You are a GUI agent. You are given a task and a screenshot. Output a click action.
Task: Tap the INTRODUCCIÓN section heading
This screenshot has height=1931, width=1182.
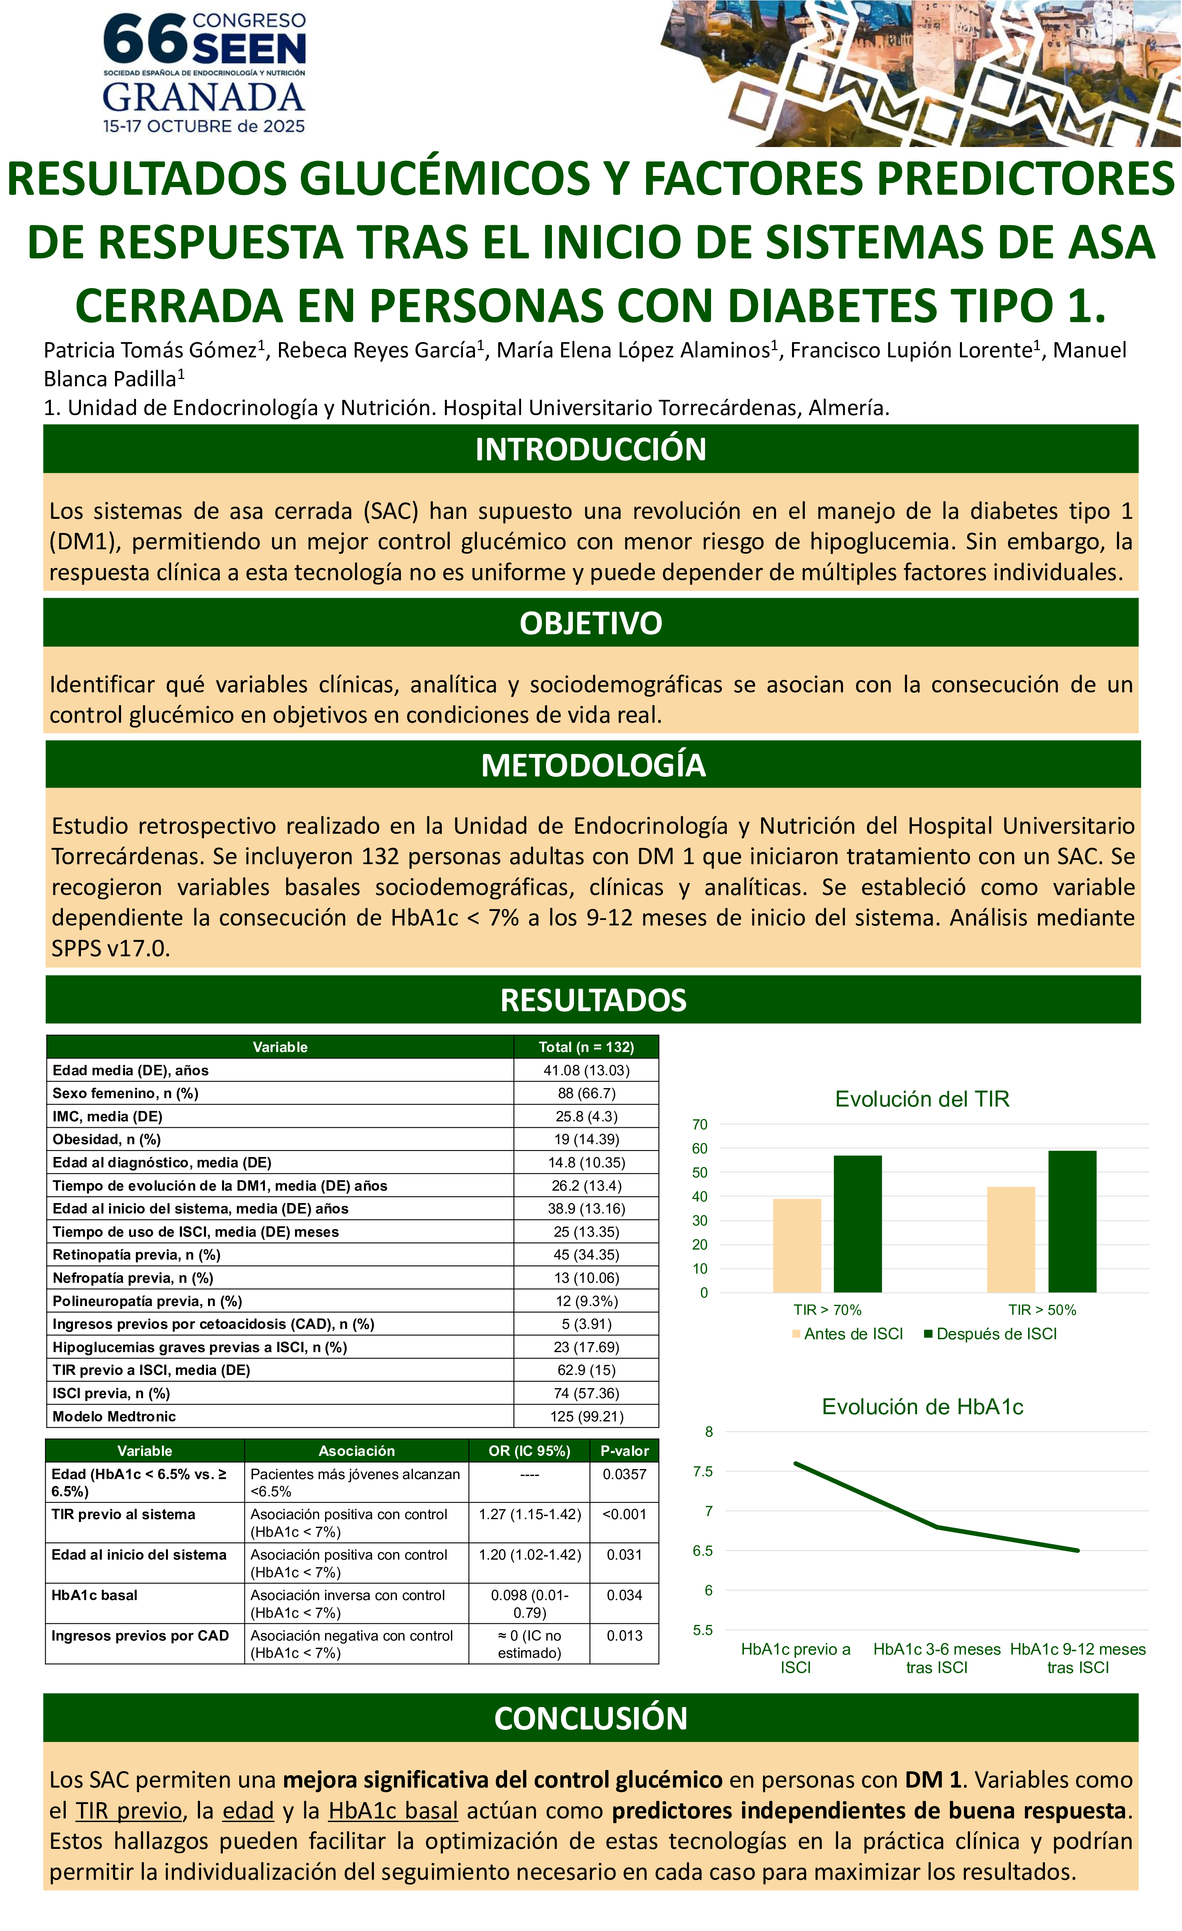590,449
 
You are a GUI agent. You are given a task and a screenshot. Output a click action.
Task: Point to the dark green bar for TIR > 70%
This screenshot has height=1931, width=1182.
857,1224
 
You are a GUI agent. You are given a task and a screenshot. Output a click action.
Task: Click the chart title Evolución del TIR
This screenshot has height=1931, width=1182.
922,1099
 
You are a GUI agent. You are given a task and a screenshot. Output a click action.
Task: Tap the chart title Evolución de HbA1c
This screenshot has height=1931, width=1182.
922,1407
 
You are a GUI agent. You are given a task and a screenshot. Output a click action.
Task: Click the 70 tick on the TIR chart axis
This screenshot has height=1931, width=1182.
700,1125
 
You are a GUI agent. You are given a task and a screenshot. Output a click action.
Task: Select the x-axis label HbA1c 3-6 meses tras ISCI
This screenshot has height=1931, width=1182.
937,1658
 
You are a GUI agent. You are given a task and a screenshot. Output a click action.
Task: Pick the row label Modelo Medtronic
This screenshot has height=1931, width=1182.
115,1416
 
